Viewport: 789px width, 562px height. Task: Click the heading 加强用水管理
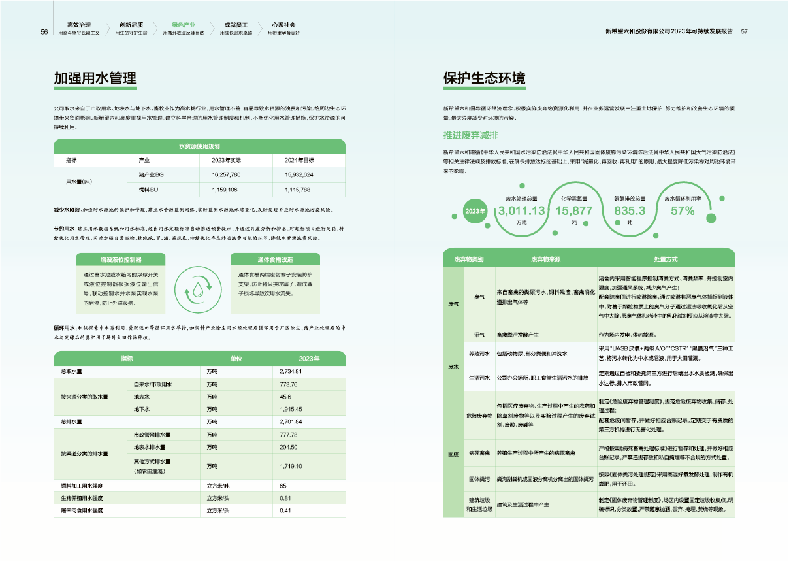(x=95, y=78)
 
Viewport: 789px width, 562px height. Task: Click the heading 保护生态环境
(x=484, y=78)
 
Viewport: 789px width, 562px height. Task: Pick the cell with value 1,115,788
(x=297, y=190)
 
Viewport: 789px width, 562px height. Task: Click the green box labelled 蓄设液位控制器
(x=121, y=260)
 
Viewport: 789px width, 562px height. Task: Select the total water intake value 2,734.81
(x=291, y=372)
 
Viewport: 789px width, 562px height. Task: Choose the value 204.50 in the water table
(x=288, y=447)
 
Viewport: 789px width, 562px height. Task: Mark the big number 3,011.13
(x=521, y=211)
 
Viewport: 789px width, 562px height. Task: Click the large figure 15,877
(x=573, y=211)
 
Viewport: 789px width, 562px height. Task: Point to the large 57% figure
(x=683, y=211)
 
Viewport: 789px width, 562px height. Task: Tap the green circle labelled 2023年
(x=475, y=211)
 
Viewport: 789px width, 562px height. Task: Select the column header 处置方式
(x=666, y=259)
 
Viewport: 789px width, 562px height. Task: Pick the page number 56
(x=44, y=32)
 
